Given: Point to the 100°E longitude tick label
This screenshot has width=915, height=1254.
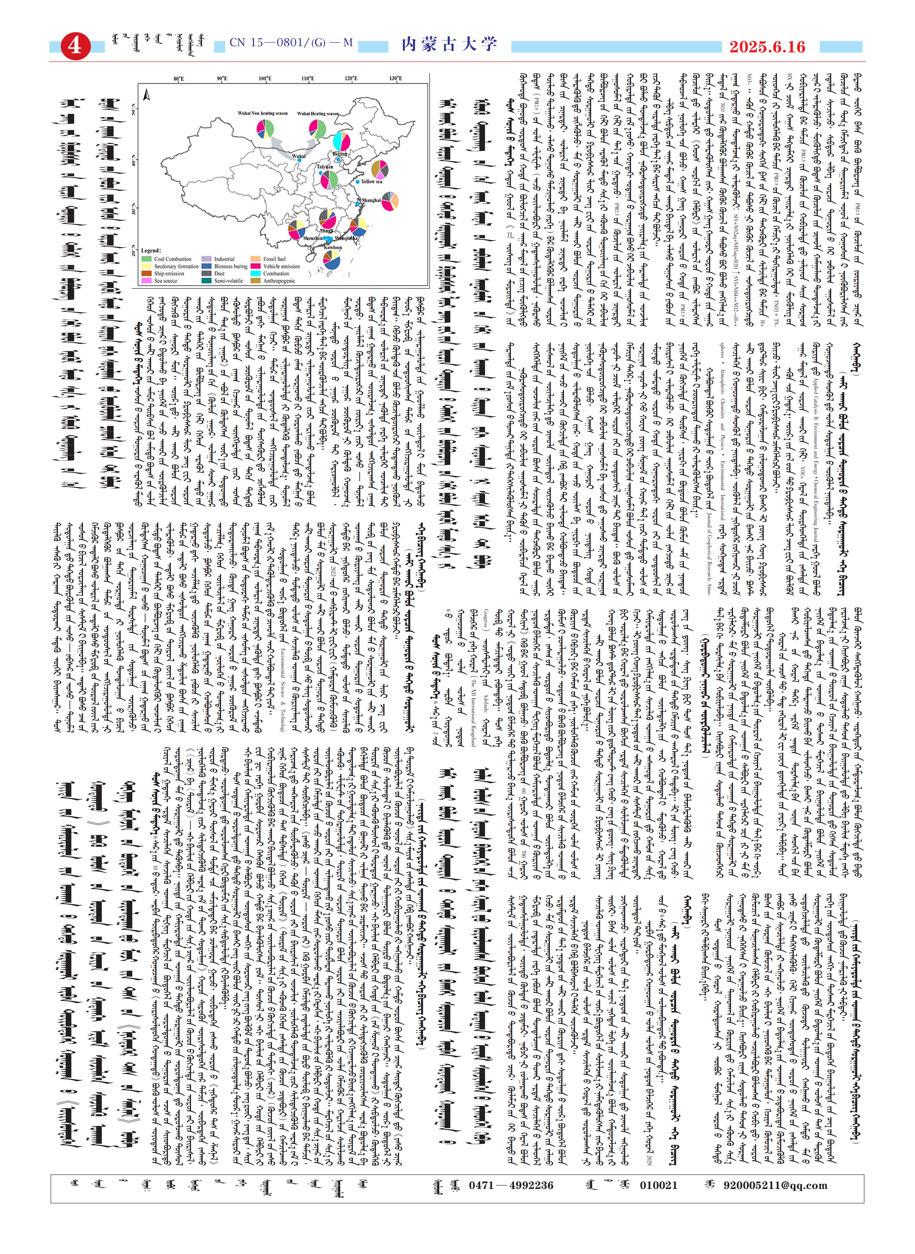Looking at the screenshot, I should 265,79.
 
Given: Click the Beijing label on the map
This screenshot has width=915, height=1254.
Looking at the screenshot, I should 339,153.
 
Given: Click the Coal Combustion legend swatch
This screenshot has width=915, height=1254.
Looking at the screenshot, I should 146,259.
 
